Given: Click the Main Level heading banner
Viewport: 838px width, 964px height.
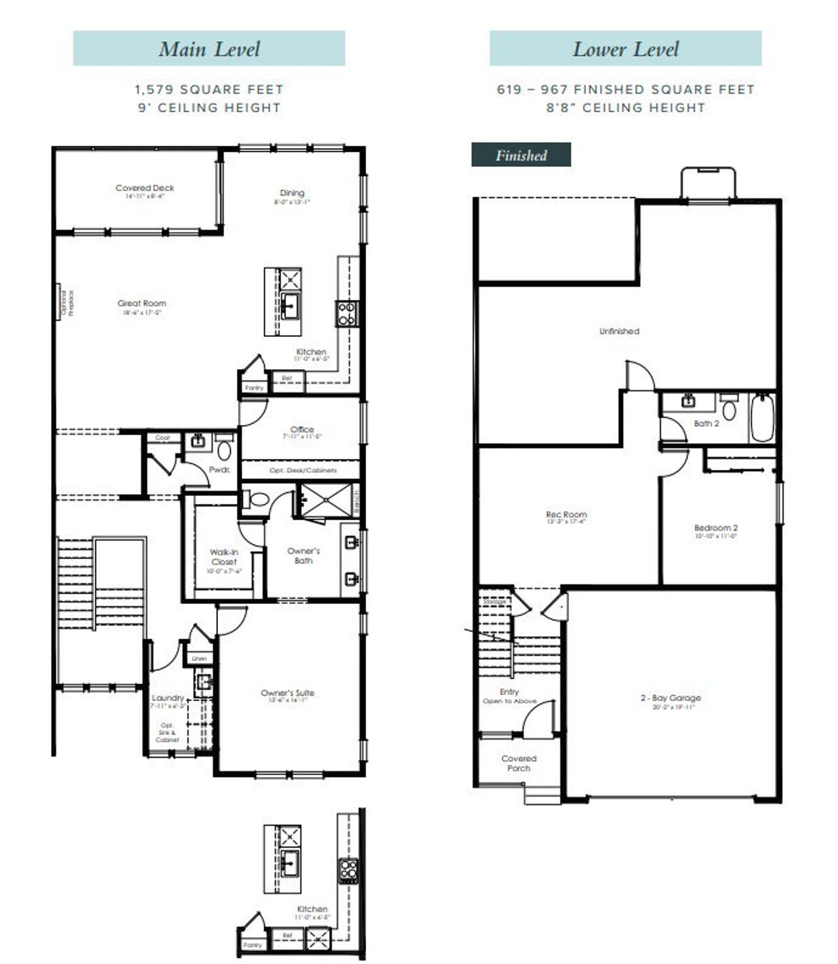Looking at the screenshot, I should coord(209,48).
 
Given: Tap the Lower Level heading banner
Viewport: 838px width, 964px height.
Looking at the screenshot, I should coord(625,48).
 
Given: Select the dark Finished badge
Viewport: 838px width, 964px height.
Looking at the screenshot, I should coord(521,155).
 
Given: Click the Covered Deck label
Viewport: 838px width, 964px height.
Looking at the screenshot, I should coord(145,188).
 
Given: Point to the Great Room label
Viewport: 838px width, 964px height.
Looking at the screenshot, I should coord(142,304).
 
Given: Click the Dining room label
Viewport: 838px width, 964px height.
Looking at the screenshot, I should coord(292,193).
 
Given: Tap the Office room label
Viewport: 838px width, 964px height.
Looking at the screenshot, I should coord(302,430).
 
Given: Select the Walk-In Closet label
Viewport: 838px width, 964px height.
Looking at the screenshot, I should coord(224,557).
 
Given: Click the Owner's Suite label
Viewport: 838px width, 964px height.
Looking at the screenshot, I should coord(287,693).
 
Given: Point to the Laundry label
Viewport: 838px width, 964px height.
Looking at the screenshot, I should coord(168,698).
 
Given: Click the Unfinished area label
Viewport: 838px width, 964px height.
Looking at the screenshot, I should coord(619,331).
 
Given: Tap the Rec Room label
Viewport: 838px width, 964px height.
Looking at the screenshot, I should coord(566,515).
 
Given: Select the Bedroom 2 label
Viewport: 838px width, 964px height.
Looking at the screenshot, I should coord(716,528).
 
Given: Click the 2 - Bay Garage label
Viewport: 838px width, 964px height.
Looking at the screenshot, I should coord(670,698).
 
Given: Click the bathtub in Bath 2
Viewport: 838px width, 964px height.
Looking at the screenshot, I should coord(762,418).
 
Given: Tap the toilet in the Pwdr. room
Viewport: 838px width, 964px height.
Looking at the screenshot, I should coord(225,450).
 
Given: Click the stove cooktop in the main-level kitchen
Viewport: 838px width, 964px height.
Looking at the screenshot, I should coord(346,313).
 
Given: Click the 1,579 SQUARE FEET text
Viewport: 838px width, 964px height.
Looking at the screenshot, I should coord(209,90).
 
